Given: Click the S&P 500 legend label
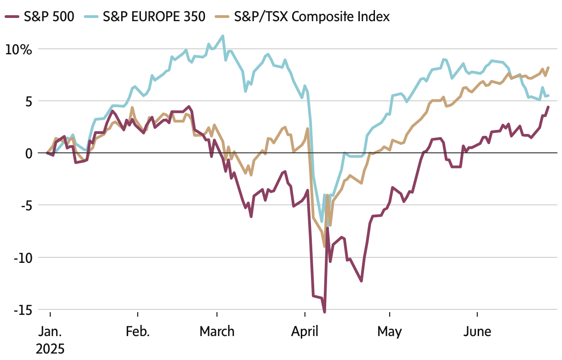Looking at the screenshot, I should point(48,17).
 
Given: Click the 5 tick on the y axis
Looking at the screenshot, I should point(29,101).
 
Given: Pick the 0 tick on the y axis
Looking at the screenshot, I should point(29,153).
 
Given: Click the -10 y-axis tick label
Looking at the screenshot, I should point(21,258).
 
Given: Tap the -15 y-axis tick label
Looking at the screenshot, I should point(21,310).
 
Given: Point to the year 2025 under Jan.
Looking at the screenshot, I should point(50,348).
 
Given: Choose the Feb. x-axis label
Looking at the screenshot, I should point(137,331).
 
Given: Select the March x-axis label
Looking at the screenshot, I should point(217,331).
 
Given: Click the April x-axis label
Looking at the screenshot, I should point(305,331).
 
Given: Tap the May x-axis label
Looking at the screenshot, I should point(389,331).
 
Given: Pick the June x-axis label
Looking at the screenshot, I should point(477,331).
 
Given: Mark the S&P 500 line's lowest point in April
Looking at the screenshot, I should point(324,312).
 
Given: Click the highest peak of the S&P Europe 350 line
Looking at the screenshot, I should point(223,36).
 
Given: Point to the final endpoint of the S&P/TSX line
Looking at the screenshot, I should point(548,68).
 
